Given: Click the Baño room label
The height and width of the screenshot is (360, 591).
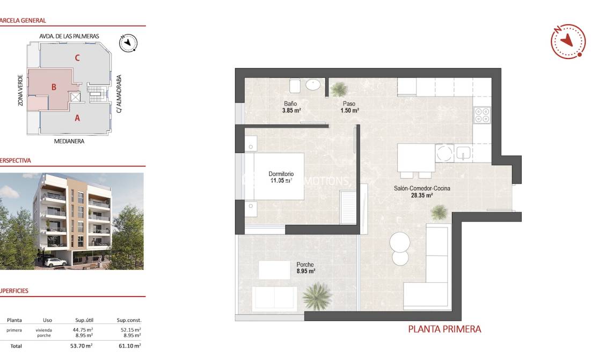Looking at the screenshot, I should (x=290, y=104).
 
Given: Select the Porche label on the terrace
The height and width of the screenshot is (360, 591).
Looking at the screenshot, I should (x=305, y=265).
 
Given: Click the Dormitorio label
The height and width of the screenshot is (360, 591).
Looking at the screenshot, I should (x=281, y=174).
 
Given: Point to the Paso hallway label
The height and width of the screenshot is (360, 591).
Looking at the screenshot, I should (x=349, y=104).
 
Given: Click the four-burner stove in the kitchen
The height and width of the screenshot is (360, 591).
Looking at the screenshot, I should (x=481, y=115).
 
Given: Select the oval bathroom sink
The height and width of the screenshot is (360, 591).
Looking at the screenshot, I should (x=313, y=84).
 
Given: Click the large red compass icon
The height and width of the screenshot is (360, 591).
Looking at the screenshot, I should (x=568, y=41).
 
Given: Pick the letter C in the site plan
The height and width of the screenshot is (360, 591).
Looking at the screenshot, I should (x=77, y=58).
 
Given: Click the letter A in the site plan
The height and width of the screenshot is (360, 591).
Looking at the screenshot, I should (x=77, y=119).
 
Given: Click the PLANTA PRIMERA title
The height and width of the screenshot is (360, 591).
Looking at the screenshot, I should (x=444, y=329).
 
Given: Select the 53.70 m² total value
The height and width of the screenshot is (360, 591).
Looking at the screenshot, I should (x=82, y=346).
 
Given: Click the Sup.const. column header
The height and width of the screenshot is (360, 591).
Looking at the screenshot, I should (x=129, y=320).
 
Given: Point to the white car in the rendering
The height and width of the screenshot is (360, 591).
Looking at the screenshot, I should (x=56, y=262).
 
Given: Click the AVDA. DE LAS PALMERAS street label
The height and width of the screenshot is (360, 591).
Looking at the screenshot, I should (x=69, y=36).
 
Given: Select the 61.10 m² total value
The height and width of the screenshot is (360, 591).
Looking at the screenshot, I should (x=130, y=346).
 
